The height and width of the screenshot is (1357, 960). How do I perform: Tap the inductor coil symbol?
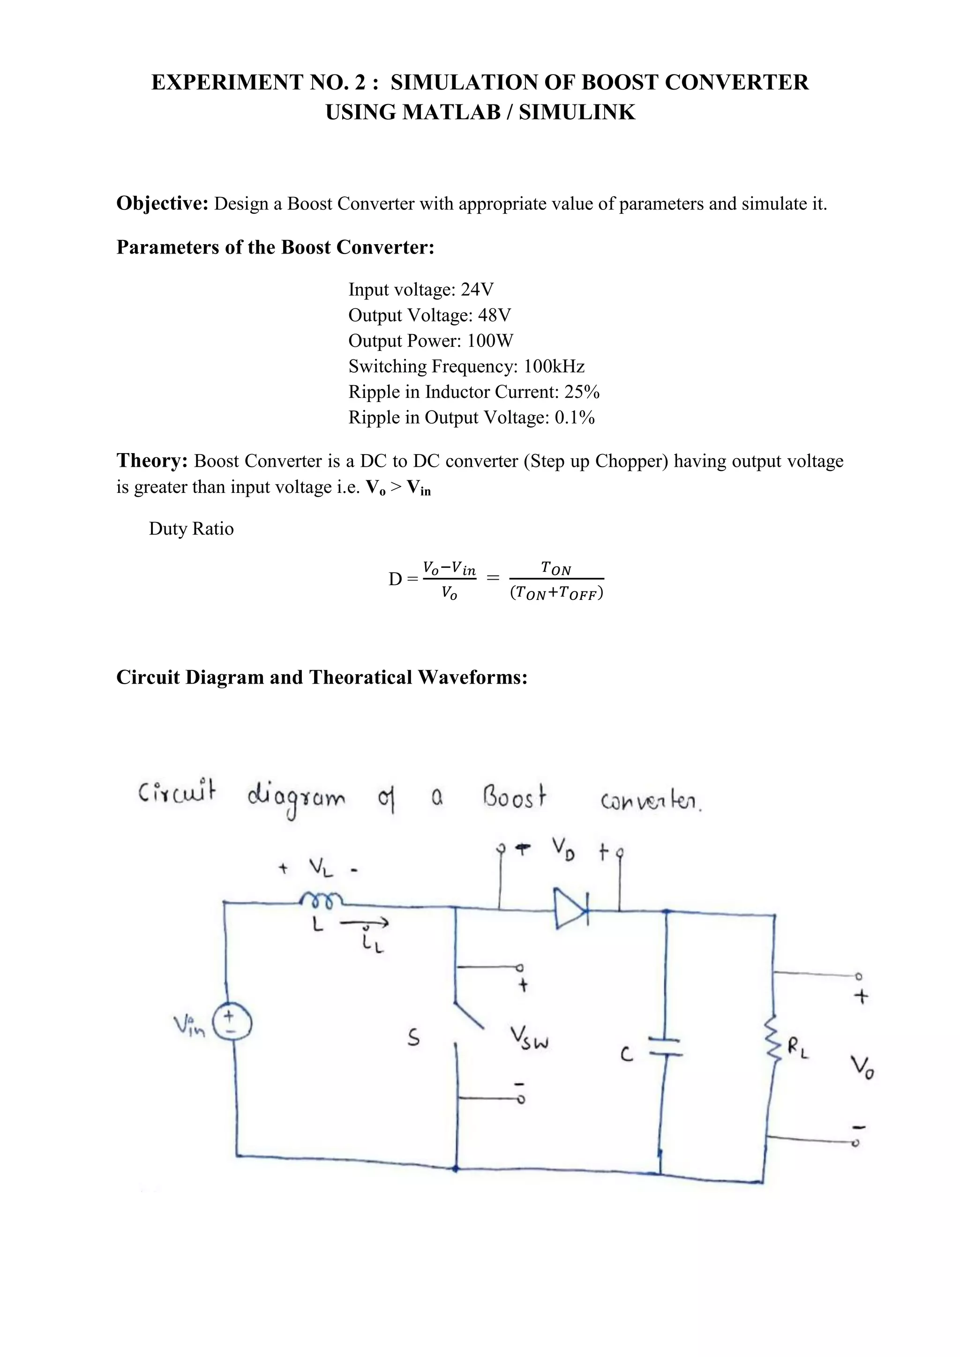click(320, 900)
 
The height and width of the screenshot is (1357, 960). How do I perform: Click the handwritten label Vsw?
click(529, 1038)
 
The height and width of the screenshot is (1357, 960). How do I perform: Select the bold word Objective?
click(162, 203)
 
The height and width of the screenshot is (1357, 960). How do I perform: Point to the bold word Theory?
click(152, 461)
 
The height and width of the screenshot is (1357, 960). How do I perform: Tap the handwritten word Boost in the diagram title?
click(514, 798)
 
